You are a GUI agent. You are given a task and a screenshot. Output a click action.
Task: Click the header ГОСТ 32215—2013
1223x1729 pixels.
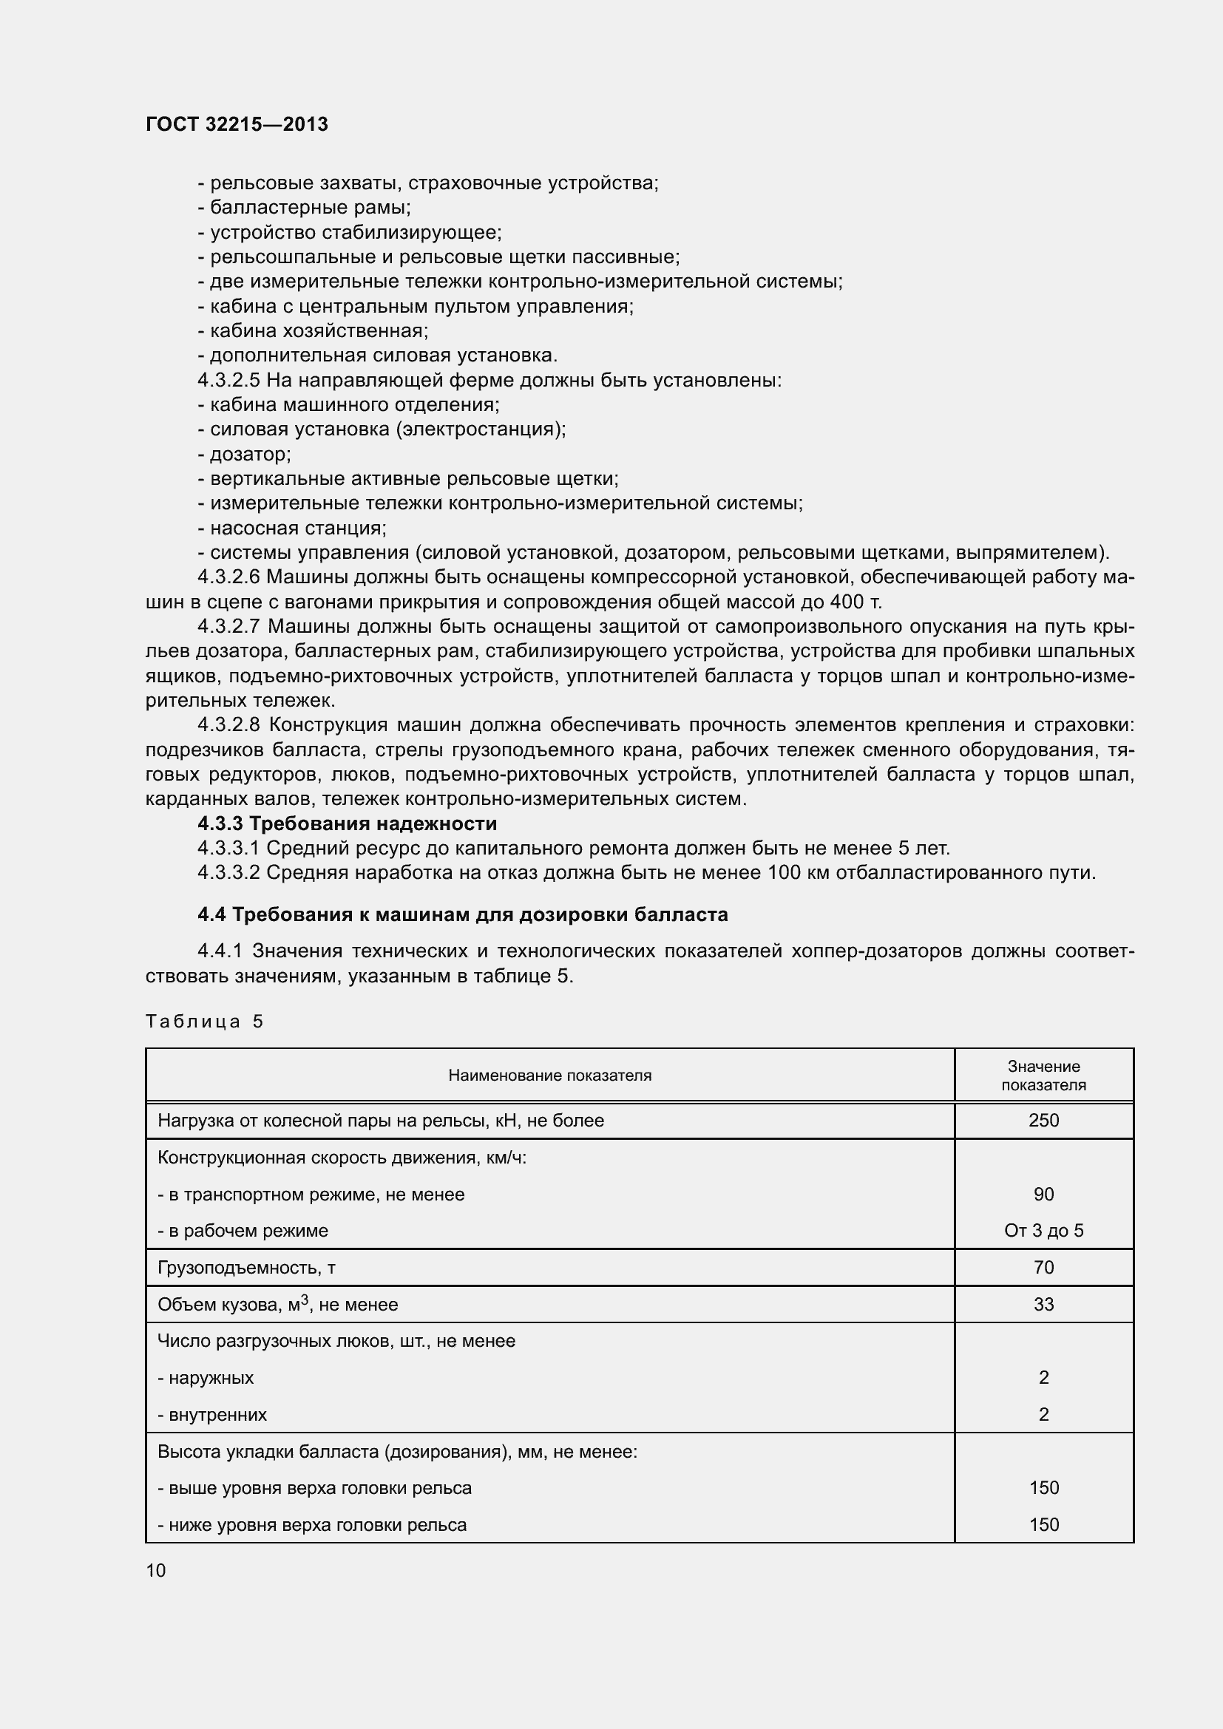click(237, 124)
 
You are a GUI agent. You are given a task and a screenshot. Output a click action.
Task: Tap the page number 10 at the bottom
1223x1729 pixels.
click(156, 1570)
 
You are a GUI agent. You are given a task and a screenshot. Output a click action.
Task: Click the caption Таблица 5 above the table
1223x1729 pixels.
click(204, 1021)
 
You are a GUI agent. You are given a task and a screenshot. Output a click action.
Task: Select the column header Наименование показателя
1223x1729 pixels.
click(549, 1076)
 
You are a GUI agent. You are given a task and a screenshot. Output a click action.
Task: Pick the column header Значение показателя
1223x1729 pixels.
click(1043, 1076)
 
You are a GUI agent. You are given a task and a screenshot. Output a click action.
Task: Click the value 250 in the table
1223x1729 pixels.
click(1043, 1121)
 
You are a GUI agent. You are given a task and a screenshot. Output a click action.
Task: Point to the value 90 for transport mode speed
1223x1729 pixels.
click(1043, 1195)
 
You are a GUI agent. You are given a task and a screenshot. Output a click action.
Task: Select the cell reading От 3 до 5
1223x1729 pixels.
click(1043, 1232)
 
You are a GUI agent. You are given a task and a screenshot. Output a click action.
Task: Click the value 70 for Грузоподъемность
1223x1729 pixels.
click(1043, 1268)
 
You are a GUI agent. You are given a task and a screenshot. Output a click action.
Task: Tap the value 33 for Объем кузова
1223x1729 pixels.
click(1043, 1304)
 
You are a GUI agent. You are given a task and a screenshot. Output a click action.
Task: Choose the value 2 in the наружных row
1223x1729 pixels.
click(1043, 1378)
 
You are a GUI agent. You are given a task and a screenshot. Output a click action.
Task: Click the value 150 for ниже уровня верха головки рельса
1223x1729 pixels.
click(1043, 1525)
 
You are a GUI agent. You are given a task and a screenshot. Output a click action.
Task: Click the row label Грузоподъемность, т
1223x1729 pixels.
click(246, 1268)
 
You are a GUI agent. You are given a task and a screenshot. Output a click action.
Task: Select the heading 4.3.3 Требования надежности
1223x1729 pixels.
click(348, 823)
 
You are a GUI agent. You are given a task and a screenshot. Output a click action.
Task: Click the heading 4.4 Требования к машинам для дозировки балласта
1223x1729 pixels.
click(462, 915)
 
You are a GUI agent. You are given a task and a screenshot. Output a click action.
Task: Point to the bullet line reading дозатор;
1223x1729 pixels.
click(245, 454)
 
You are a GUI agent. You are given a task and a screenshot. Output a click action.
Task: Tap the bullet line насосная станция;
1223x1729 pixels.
click(292, 528)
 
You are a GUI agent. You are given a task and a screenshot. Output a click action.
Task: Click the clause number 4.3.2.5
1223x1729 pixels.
click(228, 380)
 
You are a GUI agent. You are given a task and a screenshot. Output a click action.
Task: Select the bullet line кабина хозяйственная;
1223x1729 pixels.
click(314, 330)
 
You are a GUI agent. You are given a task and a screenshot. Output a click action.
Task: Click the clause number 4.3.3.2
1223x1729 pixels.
click(228, 873)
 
